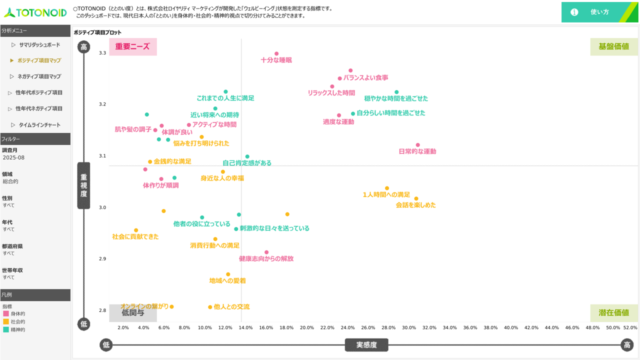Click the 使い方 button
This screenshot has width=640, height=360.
click(x=599, y=12)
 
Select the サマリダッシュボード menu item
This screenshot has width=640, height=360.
click(x=39, y=45)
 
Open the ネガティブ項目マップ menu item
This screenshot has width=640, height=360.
click(x=39, y=76)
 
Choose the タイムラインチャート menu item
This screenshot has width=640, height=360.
click(x=39, y=125)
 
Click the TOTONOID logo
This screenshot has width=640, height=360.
click(x=35, y=12)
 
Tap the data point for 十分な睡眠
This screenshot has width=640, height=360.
click(x=276, y=53)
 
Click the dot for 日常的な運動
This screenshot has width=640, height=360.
click(x=418, y=145)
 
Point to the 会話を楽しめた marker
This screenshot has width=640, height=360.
click(x=416, y=198)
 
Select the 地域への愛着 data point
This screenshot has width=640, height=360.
click(x=228, y=274)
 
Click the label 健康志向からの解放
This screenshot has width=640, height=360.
click(x=266, y=259)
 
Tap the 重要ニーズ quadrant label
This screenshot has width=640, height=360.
click(x=132, y=46)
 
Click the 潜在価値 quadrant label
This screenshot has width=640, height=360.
click(x=613, y=312)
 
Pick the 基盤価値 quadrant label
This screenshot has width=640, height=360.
click(x=613, y=46)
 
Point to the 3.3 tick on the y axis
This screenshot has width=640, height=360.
click(x=102, y=53)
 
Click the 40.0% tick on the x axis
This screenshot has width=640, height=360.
click(x=511, y=327)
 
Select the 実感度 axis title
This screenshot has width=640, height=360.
click(x=366, y=345)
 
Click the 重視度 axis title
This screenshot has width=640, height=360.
click(x=83, y=185)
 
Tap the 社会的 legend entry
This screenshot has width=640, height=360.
click(x=18, y=321)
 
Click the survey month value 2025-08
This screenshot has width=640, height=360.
click(x=13, y=157)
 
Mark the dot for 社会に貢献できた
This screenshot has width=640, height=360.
click(x=136, y=230)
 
